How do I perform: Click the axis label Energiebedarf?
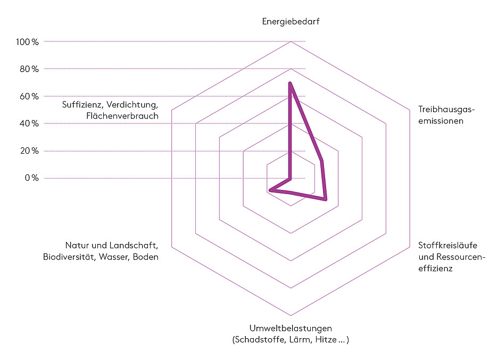click(290, 22)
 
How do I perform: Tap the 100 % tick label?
click(28, 41)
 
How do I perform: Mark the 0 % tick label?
click(31, 178)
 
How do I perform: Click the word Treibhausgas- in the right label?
click(445, 110)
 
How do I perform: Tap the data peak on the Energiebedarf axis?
click(290, 83)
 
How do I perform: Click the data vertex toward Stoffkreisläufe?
click(326, 199)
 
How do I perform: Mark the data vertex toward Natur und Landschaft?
click(270, 190)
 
